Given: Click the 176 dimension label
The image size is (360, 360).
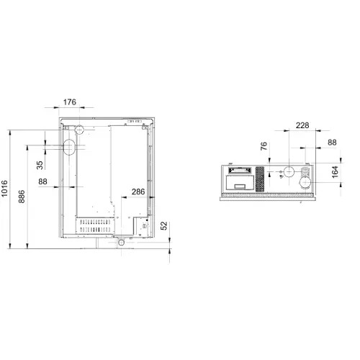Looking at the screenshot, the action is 70,102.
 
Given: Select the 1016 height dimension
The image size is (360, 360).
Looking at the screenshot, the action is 4,189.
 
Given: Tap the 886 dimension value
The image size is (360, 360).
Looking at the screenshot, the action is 22,197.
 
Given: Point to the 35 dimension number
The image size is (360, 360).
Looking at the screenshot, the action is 40,165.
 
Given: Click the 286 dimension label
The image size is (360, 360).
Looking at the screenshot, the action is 138,192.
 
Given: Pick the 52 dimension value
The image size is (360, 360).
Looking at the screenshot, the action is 164,226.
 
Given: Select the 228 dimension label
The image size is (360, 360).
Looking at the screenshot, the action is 302,125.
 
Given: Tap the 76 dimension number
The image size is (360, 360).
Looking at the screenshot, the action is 264,146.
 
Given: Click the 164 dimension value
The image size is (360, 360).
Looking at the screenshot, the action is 335,172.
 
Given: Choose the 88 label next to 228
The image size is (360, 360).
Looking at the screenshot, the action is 332,143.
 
